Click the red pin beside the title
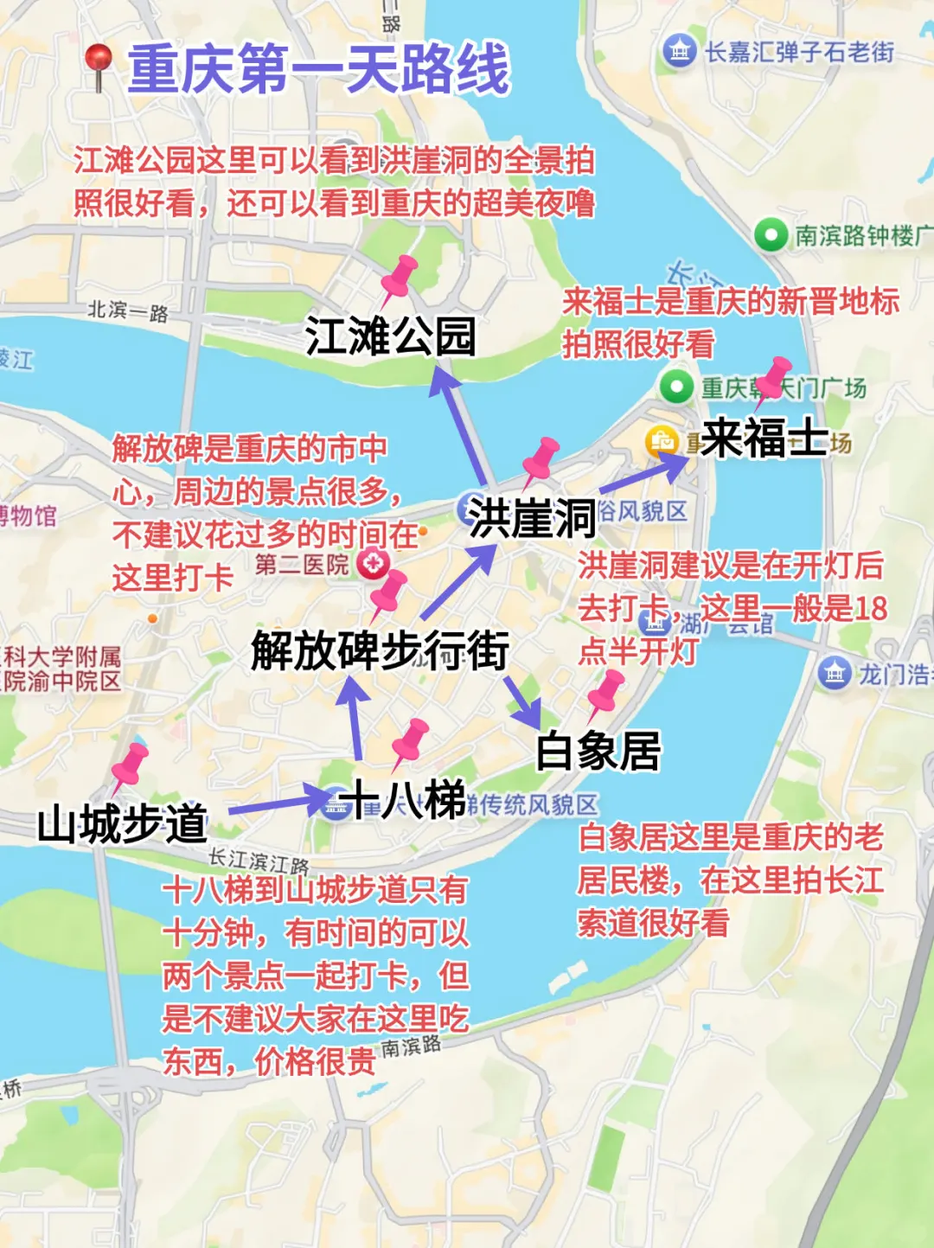pyautogui.click(x=99, y=64)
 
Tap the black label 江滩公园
pyautogui.click(x=390, y=336)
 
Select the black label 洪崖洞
pyautogui.click(x=532, y=518)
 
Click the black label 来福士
pyautogui.click(x=764, y=438)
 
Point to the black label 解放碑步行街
pyautogui.click(x=380, y=650)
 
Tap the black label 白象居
pyautogui.click(x=598, y=751)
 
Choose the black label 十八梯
pyautogui.click(x=404, y=799)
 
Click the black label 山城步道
pyautogui.click(x=122, y=823)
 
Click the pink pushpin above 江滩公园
pyautogui.click(x=399, y=276)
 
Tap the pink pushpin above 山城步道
pyautogui.click(x=130, y=765)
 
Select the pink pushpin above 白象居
pyautogui.click(x=605, y=692)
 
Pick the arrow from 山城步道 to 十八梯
pyautogui.click(x=279, y=803)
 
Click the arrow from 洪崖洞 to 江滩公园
pyautogui.click(x=458, y=424)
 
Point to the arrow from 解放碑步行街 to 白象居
pyautogui.click(x=522, y=699)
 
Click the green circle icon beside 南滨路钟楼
pyautogui.click(x=770, y=234)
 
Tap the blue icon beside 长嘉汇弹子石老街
pyautogui.click(x=680, y=51)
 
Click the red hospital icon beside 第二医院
pyautogui.click(x=374, y=564)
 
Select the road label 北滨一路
pyautogui.click(x=128, y=310)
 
